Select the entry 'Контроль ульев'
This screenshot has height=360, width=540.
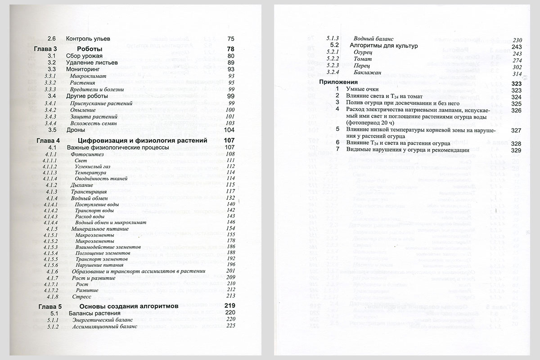click(x=88, y=39)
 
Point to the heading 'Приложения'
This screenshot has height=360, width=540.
click(x=338, y=82)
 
